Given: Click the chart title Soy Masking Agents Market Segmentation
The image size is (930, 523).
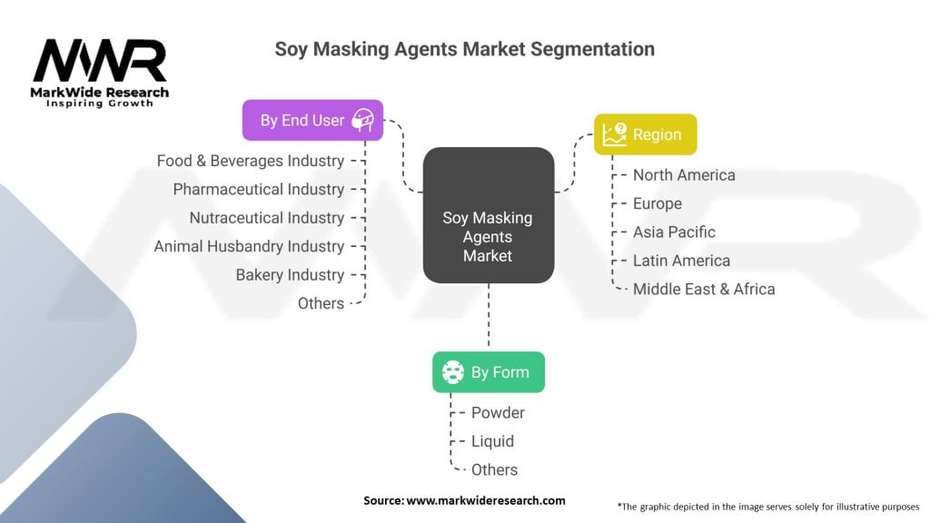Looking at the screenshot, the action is click(x=464, y=49).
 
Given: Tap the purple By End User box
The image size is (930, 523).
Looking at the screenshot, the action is click(x=312, y=120).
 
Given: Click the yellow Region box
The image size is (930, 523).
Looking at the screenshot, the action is click(x=646, y=134).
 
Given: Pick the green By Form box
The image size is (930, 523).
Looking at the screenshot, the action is click(x=489, y=371).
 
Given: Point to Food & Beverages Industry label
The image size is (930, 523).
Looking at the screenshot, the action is click(x=250, y=161).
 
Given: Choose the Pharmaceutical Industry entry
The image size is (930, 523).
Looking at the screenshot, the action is click(x=259, y=189).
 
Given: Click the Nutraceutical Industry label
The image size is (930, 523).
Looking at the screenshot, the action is click(x=266, y=218).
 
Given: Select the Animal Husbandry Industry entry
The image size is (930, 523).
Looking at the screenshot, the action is click(x=249, y=246).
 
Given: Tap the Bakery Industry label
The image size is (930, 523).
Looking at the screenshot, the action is click(x=290, y=274).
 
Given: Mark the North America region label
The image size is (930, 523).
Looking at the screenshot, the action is click(x=684, y=174).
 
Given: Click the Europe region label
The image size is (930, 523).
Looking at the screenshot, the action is click(x=658, y=203).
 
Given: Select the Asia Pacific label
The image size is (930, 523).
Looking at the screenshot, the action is click(x=674, y=232).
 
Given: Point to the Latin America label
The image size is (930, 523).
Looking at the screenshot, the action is click(x=681, y=261).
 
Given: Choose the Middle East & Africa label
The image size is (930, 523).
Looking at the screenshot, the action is click(x=704, y=289).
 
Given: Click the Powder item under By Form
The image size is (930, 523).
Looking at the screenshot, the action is click(x=498, y=412).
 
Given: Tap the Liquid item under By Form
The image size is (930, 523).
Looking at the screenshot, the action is click(x=492, y=441).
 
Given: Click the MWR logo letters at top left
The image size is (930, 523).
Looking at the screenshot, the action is click(x=100, y=62).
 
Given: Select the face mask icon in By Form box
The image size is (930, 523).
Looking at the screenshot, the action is click(x=452, y=371).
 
